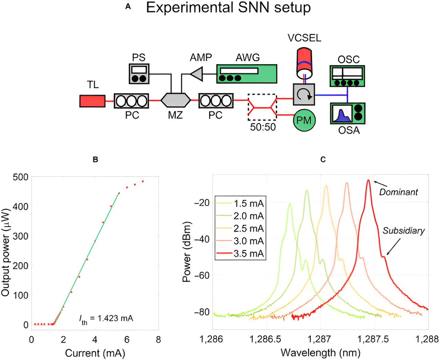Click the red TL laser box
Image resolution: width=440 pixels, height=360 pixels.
pyautogui.click(x=92, y=101)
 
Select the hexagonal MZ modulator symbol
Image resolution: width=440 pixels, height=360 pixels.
pyautogui.click(x=176, y=100)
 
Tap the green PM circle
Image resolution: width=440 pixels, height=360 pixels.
pyautogui.click(x=304, y=120)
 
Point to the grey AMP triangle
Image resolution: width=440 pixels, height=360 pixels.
pyautogui.click(x=197, y=74)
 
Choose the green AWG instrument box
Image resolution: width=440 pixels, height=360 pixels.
pyautogui.click(x=246, y=74)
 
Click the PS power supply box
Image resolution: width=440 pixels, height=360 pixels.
pyautogui.click(x=139, y=74)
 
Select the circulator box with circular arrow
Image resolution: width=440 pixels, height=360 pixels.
pyautogui.click(x=304, y=94)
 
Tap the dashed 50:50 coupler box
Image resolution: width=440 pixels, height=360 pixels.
pyautogui.click(x=262, y=107)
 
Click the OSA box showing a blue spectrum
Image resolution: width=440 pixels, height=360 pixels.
pyautogui.click(x=348, y=113)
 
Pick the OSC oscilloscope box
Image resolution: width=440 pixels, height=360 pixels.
pyautogui.click(x=348, y=76)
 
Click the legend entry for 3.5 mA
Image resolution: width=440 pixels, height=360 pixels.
pyautogui.click(x=240, y=254)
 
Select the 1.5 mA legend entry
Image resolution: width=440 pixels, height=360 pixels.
pyautogui.click(x=240, y=204)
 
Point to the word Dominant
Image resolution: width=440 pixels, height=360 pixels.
pyautogui.click(x=398, y=192)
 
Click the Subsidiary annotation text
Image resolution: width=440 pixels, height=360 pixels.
pyautogui.click(x=404, y=231)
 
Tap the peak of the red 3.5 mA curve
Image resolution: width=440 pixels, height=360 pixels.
pyautogui.click(x=368, y=180)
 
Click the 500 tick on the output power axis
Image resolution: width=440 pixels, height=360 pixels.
pyautogui.click(x=20, y=177)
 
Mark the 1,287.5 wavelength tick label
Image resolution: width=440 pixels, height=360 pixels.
pyautogui.click(x=373, y=339)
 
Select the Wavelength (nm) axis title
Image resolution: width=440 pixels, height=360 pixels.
pyautogui.click(x=320, y=353)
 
